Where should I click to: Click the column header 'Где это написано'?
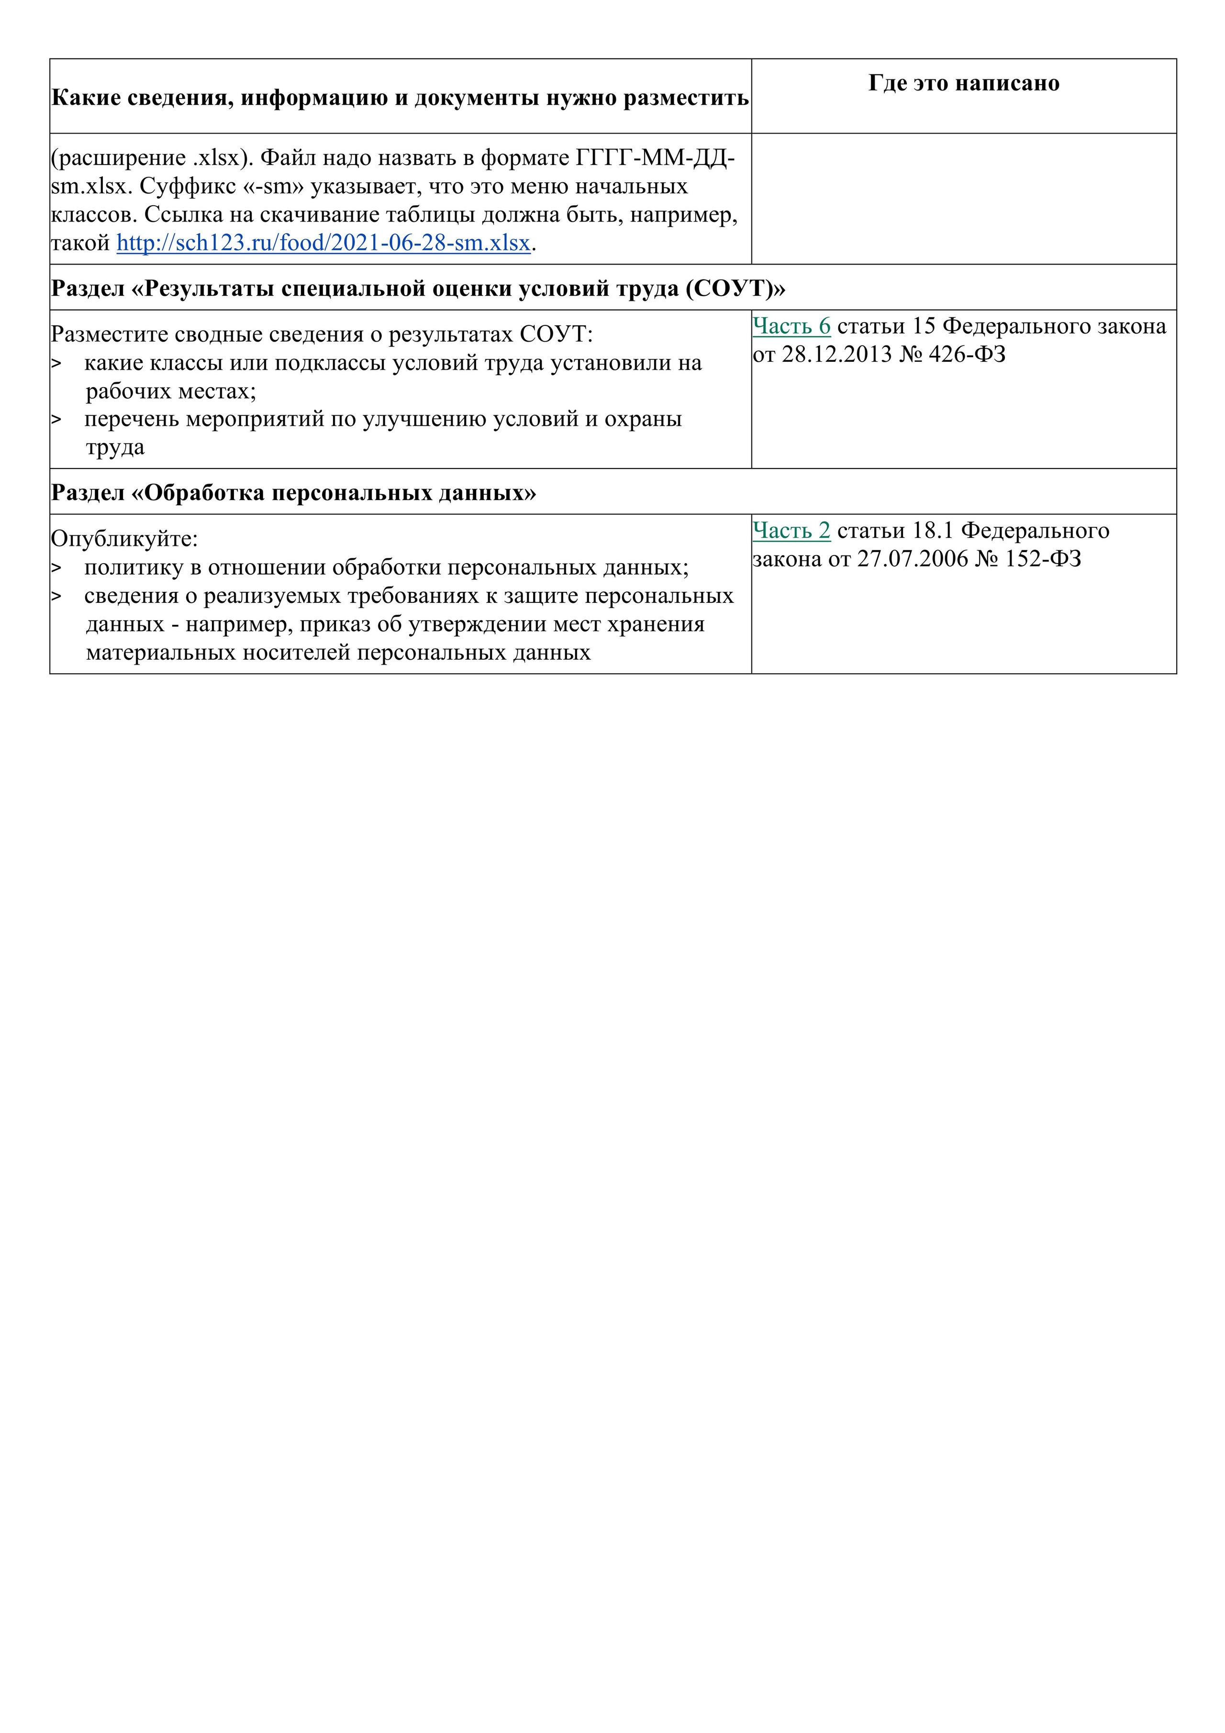(963, 83)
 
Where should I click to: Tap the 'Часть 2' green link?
(791, 531)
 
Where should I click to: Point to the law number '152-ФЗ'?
(1042, 558)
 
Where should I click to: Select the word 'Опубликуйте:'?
(124, 539)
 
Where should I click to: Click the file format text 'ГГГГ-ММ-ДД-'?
(655, 158)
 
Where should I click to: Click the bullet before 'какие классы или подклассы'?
(56, 363)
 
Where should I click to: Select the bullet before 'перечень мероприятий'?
(56, 419)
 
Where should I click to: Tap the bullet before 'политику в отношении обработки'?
(56, 567)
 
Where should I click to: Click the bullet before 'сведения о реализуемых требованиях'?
(56, 596)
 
